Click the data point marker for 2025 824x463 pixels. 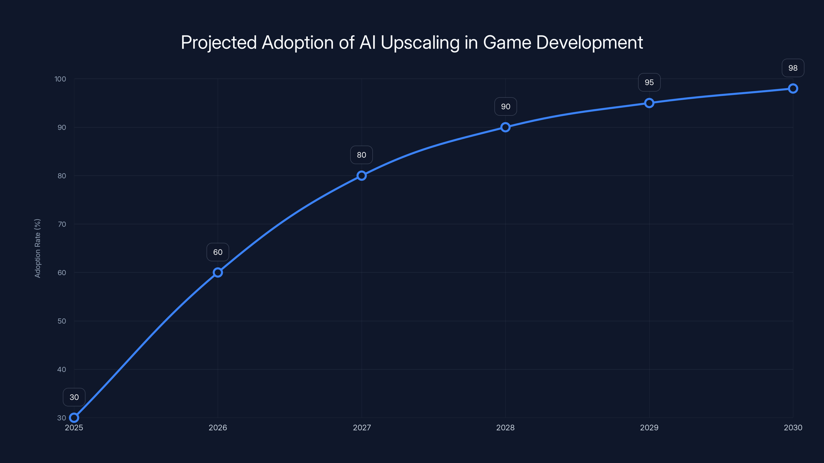click(x=74, y=418)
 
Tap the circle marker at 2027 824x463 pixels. click(x=362, y=175)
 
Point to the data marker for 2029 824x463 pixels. click(x=649, y=103)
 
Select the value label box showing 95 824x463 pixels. click(x=649, y=82)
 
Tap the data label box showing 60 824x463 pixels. click(x=218, y=252)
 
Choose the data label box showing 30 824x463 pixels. click(x=74, y=397)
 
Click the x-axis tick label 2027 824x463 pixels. click(x=362, y=428)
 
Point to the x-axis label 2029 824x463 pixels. click(x=649, y=428)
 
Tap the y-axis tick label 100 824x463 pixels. click(x=60, y=79)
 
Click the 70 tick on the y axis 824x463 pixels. click(x=62, y=224)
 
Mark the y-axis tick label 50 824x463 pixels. click(x=62, y=321)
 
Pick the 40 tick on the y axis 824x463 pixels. click(x=62, y=369)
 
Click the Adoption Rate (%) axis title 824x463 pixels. click(x=37, y=248)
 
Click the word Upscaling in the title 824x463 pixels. click(x=420, y=43)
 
